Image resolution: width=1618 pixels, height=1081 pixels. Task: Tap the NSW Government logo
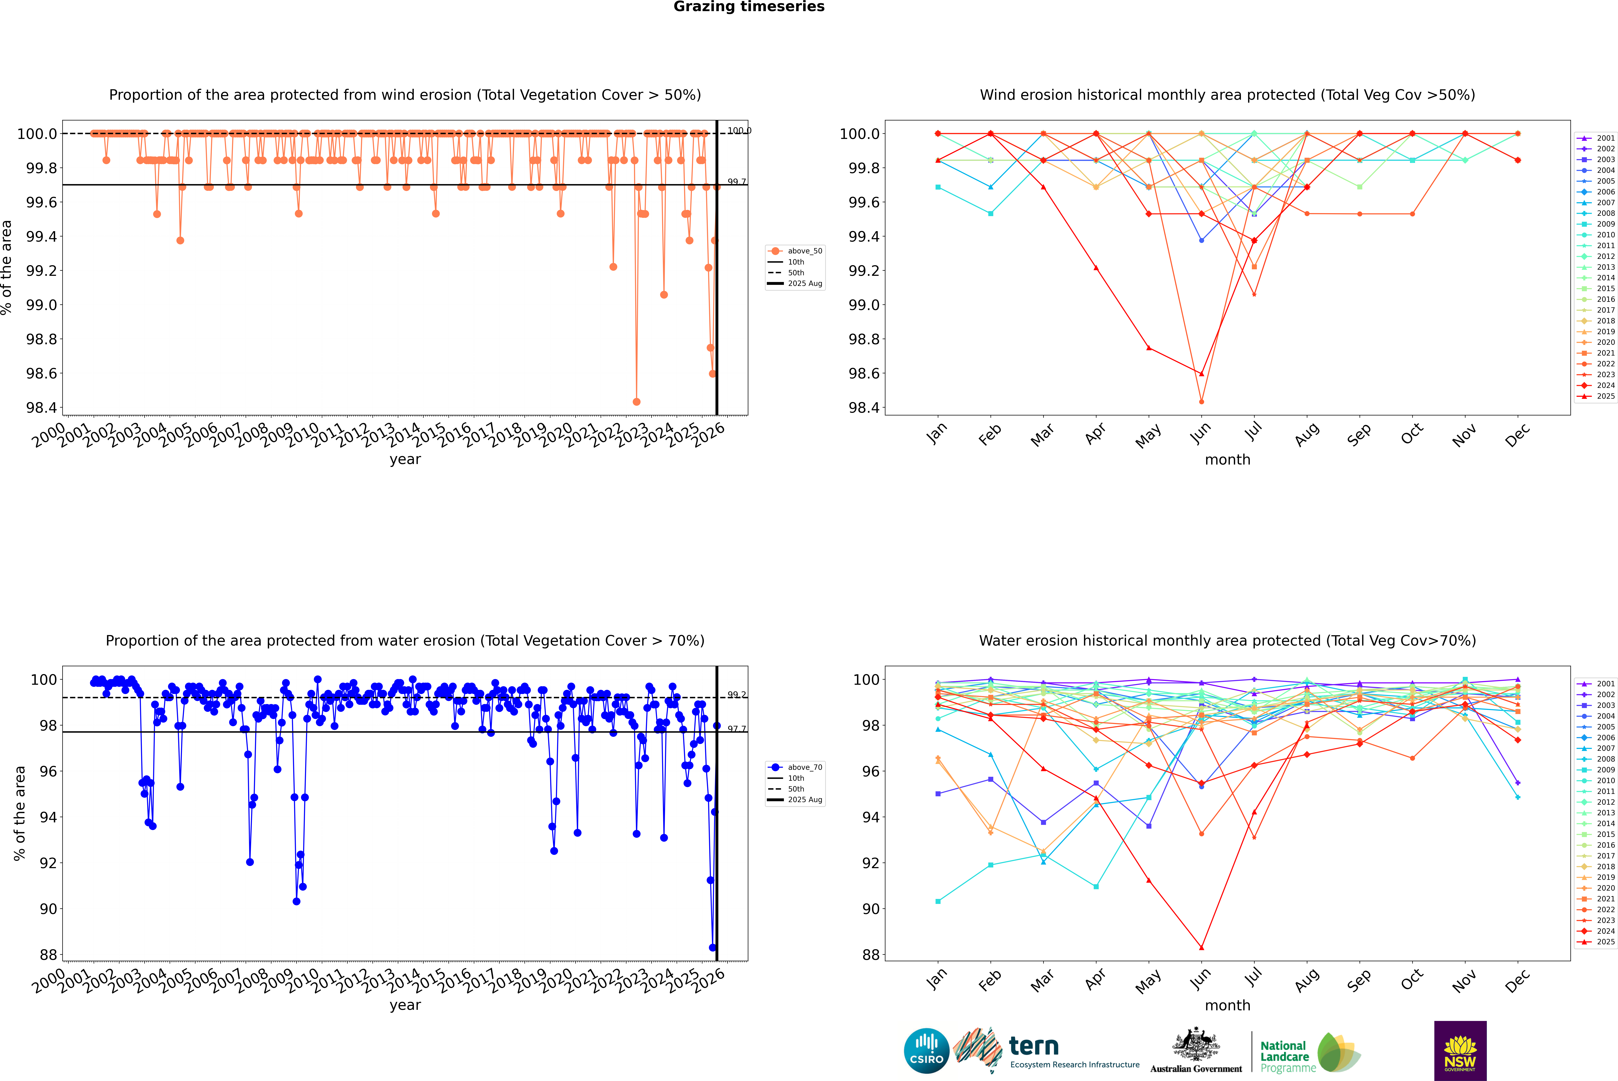[x=1460, y=1051]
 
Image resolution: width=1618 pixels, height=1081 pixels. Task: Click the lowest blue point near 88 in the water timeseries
[x=712, y=947]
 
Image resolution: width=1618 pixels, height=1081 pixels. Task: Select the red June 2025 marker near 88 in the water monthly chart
[x=1201, y=947]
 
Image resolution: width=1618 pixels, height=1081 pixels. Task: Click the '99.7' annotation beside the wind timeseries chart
[x=737, y=182]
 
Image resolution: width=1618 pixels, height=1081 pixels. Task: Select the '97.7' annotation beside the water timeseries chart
[x=737, y=729]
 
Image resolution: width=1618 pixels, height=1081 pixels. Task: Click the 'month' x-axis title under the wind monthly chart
[x=1227, y=460]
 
